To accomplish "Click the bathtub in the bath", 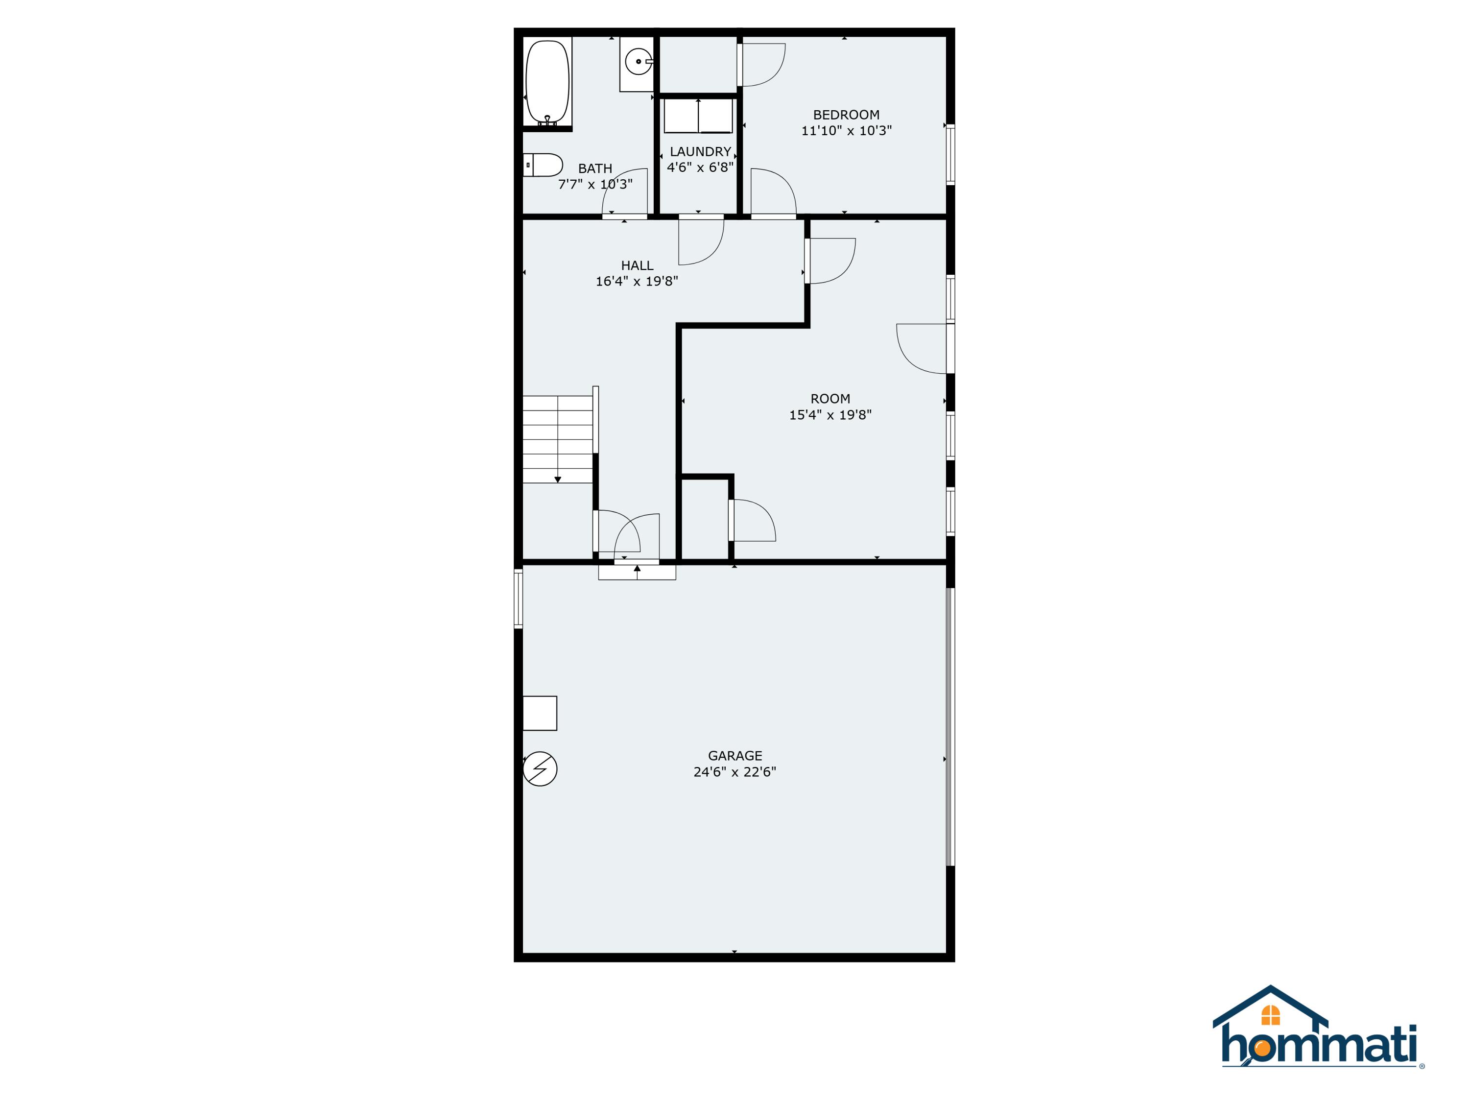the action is tap(548, 82).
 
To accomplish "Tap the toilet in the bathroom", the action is tap(543, 165).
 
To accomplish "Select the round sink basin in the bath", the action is tap(638, 62).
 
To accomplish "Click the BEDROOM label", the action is tap(846, 115).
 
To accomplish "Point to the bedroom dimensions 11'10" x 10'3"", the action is tap(846, 131).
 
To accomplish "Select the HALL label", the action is tap(637, 265).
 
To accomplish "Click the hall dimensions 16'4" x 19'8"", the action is tap(637, 281).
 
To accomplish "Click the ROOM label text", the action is tap(830, 399).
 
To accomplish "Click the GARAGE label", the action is tap(734, 756).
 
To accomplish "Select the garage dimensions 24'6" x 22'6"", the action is tap(734, 772).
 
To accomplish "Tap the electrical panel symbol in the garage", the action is tap(540, 769).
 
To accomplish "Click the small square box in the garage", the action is tap(540, 714).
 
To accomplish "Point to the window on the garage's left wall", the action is tap(518, 599).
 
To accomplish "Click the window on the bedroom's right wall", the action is tap(950, 154).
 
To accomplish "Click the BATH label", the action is tap(595, 168).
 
